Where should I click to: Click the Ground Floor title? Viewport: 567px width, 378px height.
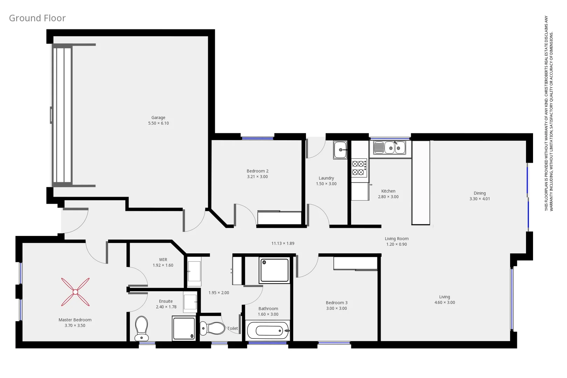point(37,18)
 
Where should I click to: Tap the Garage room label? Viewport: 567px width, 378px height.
point(158,118)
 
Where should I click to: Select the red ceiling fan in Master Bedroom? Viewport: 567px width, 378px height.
point(75,292)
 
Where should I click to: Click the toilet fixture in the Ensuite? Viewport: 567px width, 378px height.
point(142,328)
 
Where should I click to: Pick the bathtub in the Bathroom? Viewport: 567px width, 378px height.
point(268,330)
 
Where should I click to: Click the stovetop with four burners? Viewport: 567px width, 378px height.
point(359,168)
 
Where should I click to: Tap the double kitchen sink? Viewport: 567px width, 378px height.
point(390,148)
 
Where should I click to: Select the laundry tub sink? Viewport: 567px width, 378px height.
point(340,150)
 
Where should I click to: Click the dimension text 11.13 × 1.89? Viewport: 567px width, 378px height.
point(283,243)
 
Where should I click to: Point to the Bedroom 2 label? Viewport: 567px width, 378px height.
point(257,171)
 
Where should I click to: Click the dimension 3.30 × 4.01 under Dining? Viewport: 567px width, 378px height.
point(479,199)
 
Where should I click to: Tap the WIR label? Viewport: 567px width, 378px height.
point(163,260)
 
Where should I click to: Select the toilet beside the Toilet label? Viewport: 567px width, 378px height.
point(212,328)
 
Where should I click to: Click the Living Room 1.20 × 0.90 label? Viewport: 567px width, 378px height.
point(397,241)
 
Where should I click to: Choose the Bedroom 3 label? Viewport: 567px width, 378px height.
point(336,303)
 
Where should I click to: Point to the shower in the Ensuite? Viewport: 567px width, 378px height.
point(184,328)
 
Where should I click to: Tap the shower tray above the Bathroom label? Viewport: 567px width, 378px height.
point(274,270)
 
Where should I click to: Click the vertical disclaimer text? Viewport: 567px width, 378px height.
point(548,113)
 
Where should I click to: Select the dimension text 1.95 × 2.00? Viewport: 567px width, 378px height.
point(219,293)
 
